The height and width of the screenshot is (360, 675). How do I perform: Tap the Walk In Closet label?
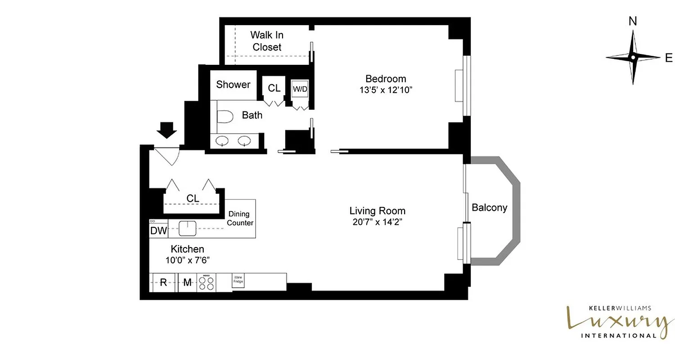click(267, 41)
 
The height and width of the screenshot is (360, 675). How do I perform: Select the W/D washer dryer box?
click(300, 89)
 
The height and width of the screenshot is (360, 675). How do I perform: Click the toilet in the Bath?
click(225, 117)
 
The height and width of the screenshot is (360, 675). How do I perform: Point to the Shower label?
click(233, 85)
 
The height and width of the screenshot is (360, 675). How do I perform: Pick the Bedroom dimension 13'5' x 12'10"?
click(386, 90)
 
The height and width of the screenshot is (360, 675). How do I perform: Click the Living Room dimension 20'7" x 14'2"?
click(377, 222)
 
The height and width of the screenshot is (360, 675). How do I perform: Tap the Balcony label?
click(489, 207)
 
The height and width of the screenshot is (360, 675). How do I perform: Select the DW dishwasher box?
click(158, 231)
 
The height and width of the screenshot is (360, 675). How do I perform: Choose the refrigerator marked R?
click(164, 283)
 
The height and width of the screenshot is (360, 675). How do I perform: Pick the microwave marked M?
click(187, 283)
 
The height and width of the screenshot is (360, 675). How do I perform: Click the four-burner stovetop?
click(207, 283)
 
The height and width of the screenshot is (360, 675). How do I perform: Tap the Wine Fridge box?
click(238, 280)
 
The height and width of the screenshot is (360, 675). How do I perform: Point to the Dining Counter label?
click(240, 219)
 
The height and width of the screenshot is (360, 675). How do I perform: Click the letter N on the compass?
click(633, 33)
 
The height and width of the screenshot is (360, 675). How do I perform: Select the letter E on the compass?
click(669, 58)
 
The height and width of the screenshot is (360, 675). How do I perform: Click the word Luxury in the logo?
click(616, 321)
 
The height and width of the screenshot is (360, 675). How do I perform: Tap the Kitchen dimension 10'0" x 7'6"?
click(188, 260)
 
